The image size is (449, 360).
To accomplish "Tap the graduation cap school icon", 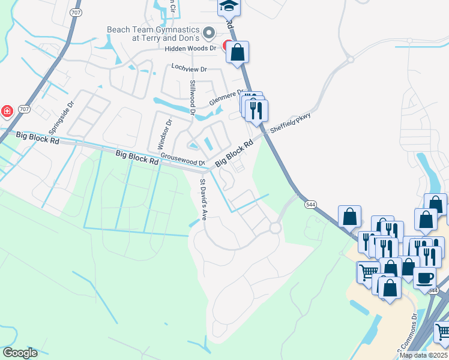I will [x=228, y=5].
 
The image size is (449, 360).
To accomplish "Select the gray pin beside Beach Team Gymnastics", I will [x=209, y=32].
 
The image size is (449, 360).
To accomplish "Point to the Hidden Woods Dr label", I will [x=190, y=48].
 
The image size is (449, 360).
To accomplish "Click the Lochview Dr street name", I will [x=188, y=68].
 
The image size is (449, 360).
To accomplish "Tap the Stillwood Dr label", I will [x=193, y=98].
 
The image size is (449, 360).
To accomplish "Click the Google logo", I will [x=20, y=353].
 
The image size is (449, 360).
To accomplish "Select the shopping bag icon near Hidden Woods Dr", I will [x=237, y=52].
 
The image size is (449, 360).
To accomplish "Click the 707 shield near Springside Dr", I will [x=23, y=109].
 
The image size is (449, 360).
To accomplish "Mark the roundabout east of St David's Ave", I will [x=276, y=228].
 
